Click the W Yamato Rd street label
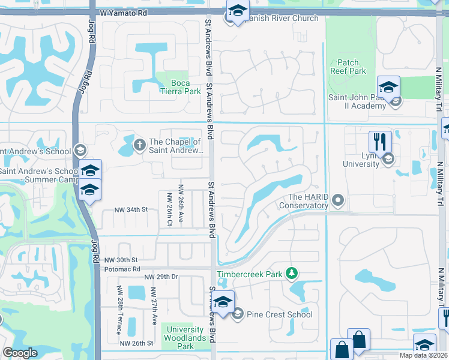point(123,12)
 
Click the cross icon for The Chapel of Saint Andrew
point(139,144)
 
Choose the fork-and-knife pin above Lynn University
point(380,142)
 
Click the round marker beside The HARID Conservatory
point(338,199)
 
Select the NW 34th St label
point(131,209)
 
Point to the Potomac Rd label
point(122,269)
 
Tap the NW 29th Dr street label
point(161,277)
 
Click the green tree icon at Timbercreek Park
point(292,274)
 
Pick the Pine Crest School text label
point(280,314)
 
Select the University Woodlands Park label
point(185,338)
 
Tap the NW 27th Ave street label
point(154,306)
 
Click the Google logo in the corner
point(20,353)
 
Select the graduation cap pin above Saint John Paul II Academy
point(388,87)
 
